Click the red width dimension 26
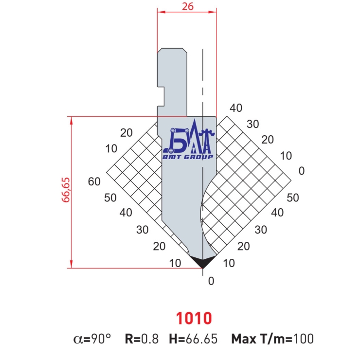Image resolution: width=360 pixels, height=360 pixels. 188,6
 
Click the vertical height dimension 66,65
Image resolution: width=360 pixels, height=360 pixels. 66,190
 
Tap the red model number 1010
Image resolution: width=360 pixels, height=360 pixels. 194,318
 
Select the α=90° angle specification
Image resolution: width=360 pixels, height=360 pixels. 92,339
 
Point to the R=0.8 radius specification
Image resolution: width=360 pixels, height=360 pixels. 142,339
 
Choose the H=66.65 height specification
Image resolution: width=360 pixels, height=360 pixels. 193,339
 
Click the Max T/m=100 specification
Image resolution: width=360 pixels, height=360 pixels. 272,339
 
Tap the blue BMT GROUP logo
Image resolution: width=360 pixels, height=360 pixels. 189,140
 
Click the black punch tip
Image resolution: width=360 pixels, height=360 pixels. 203,262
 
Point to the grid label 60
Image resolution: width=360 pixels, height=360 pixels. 94,181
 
